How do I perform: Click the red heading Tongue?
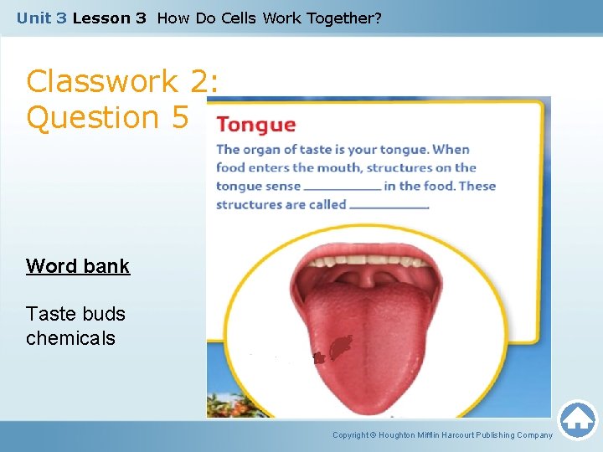pos(255,126)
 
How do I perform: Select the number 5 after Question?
pos(179,117)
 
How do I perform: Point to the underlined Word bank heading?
pos(78,266)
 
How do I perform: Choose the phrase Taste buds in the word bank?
pos(75,314)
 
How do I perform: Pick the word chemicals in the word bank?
pos(70,338)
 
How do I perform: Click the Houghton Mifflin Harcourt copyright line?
pos(442,435)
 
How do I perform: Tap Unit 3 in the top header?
pos(42,18)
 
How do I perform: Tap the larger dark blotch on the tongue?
pos(341,346)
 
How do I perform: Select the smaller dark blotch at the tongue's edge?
pos(318,357)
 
